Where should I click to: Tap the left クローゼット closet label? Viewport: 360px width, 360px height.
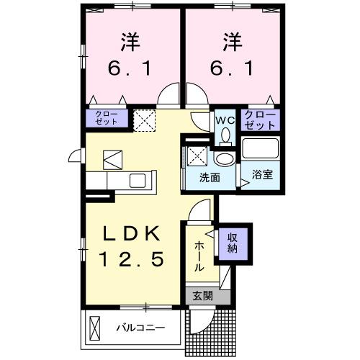click(107, 119)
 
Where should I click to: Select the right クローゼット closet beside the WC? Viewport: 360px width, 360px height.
click(260, 119)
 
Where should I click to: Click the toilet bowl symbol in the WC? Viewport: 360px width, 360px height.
click(225, 134)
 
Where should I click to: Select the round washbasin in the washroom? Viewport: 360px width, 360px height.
click(225, 159)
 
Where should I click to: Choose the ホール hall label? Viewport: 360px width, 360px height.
click(199, 256)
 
